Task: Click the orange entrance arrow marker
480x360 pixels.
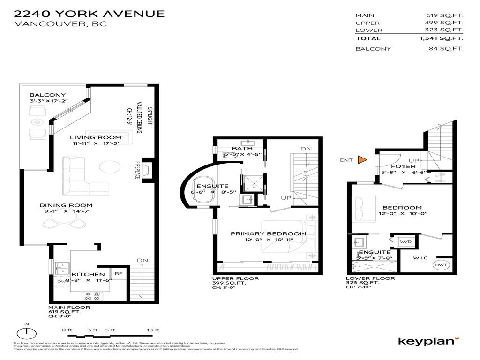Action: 362,160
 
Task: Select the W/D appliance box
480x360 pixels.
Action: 404,242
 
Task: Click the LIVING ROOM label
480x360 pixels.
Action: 96,137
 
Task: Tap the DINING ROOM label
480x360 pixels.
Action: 66,205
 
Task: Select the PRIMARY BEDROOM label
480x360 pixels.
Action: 268,233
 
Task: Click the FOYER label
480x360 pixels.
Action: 403,166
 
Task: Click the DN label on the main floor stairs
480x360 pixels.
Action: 142,260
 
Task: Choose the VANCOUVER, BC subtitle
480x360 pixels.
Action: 60,24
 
